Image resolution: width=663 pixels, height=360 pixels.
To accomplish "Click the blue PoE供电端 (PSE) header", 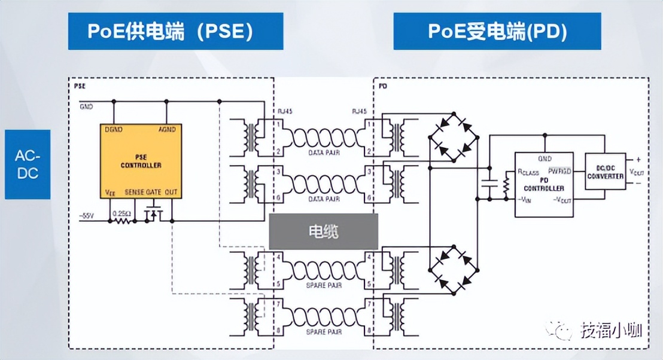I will click(175, 31).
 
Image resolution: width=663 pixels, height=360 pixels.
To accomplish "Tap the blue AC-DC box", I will click(28, 164).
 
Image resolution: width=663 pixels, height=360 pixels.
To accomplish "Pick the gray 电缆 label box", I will click(323, 231).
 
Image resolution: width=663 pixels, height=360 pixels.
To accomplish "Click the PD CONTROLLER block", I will click(545, 184).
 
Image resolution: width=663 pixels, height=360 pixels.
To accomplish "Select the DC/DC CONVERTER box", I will click(605, 171).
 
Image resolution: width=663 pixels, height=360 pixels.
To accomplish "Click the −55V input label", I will click(87, 214).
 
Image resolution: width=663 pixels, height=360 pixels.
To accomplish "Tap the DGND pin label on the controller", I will click(113, 130).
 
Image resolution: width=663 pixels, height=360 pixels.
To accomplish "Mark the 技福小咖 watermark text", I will click(610, 330).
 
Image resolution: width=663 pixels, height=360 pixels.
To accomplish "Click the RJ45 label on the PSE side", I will click(284, 111).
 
